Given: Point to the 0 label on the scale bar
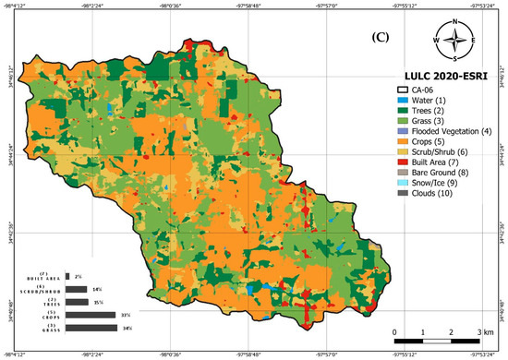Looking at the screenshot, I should pyautogui.click(x=395, y=331).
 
